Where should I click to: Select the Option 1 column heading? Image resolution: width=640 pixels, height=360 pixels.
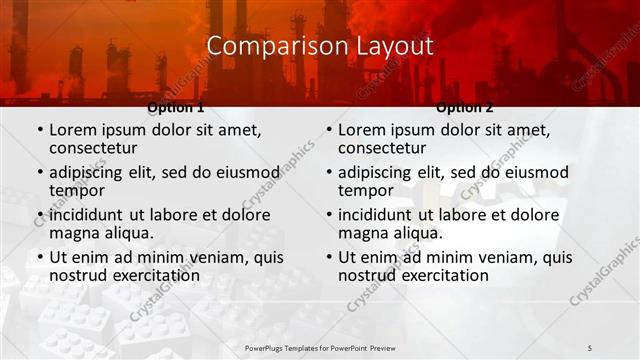[176, 107]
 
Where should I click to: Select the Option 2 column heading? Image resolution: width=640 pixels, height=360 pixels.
[465, 107]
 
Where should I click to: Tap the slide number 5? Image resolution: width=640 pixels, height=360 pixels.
[590, 347]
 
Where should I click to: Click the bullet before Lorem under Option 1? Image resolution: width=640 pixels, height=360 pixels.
[39, 130]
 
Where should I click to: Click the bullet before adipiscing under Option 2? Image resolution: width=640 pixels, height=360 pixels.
[328, 172]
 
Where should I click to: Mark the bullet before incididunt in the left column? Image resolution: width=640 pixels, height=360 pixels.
[39, 215]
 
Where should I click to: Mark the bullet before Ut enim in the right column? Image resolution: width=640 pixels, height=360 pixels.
[328, 257]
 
